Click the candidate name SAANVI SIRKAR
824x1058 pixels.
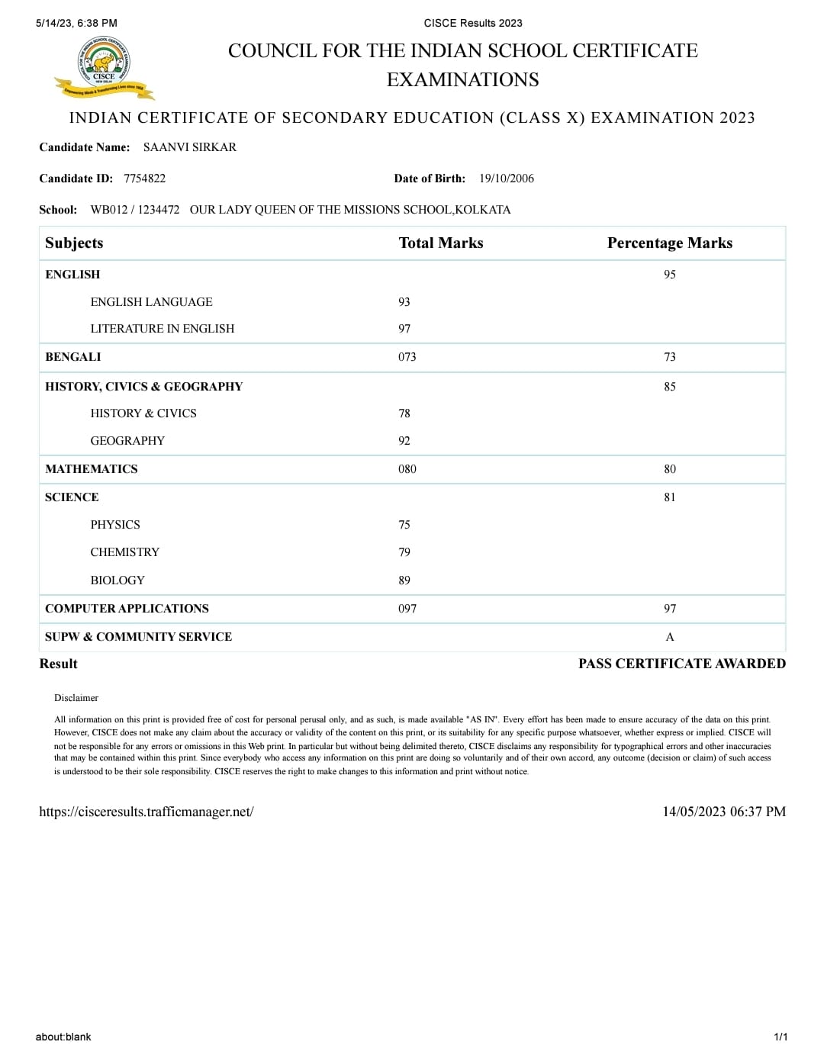point(190,147)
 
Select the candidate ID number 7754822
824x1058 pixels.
point(144,178)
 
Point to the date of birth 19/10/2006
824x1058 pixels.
point(507,178)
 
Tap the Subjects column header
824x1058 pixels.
point(74,243)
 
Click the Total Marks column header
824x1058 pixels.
point(441,243)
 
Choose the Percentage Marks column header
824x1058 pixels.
point(669,243)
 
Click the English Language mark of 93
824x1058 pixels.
point(404,302)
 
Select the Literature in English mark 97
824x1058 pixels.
point(404,329)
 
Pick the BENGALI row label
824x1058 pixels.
point(73,357)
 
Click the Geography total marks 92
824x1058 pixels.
point(404,441)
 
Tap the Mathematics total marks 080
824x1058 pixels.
point(407,469)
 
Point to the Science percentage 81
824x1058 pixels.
point(670,497)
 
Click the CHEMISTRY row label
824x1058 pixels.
point(125,552)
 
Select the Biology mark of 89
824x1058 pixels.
point(404,580)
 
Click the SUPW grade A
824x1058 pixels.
point(670,637)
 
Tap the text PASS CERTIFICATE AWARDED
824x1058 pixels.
point(681,664)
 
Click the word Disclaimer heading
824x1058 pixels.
point(76,698)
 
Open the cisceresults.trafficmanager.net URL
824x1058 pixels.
point(146,812)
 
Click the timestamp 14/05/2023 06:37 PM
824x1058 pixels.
point(723,812)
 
